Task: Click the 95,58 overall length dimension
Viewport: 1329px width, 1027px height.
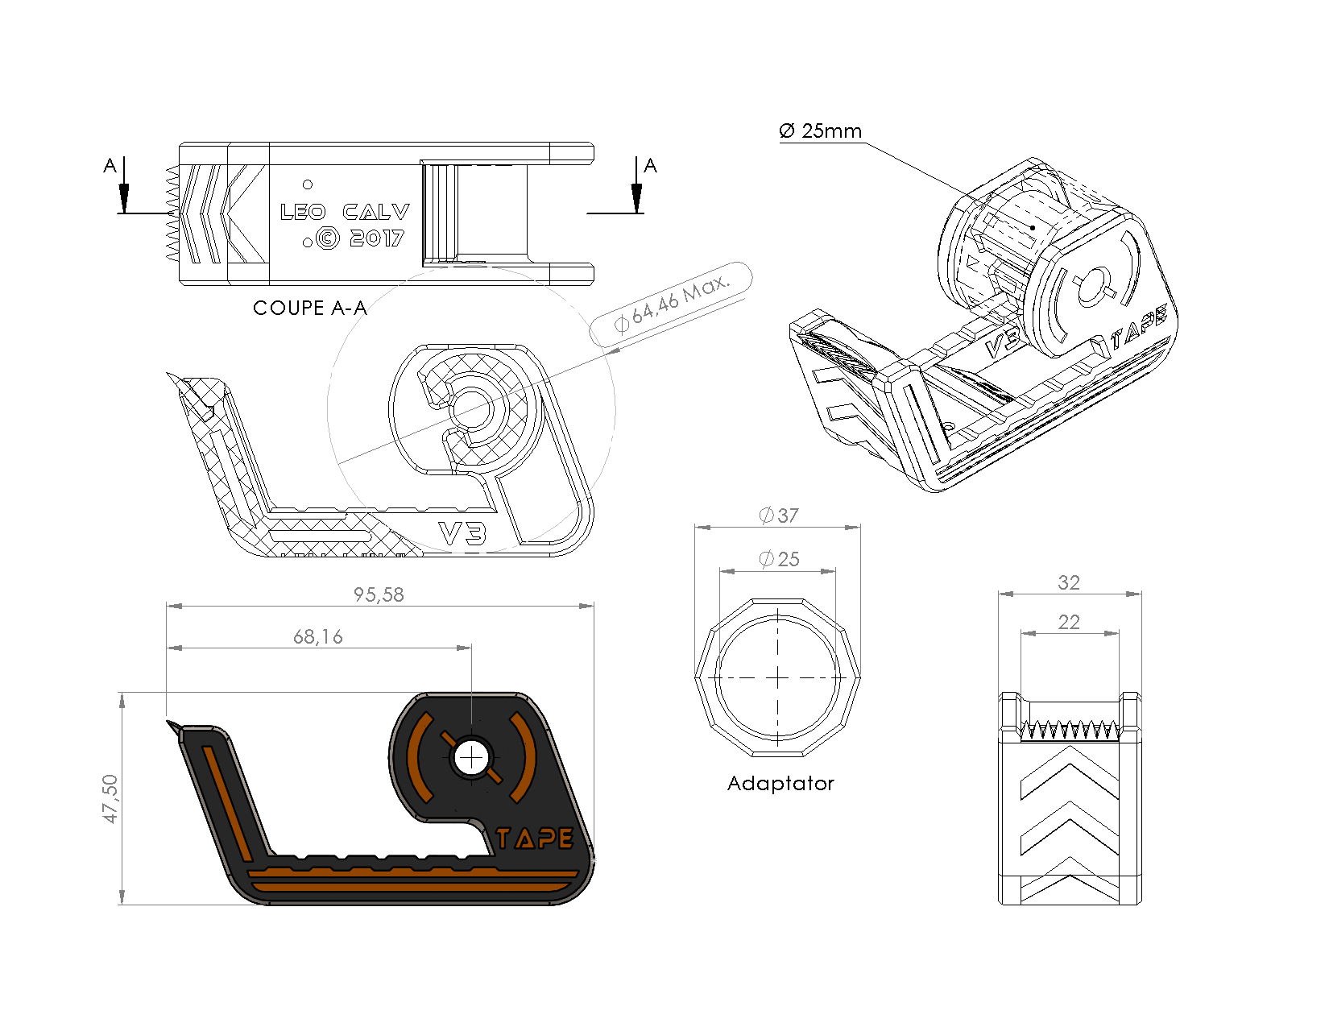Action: click(379, 594)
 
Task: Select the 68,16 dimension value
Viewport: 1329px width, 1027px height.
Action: click(317, 637)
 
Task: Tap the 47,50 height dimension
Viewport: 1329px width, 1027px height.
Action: click(110, 798)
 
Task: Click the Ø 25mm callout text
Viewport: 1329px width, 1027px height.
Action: click(820, 131)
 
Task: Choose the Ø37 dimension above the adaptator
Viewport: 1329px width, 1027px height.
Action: click(778, 516)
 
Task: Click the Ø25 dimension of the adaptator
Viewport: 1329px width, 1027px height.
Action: click(779, 559)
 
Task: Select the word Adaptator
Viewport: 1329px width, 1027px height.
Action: click(780, 783)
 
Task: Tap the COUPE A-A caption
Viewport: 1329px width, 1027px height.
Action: click(309, 308)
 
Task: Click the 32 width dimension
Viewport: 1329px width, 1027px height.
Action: click(1068, 582)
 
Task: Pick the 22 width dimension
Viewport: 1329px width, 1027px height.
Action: click(1068, 622)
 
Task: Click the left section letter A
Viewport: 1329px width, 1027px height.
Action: click(110, 166)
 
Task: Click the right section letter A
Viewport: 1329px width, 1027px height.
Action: click(650, 166)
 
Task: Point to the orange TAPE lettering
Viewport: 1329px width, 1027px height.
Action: click(534, 839)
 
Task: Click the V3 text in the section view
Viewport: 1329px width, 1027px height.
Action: click(462, 532)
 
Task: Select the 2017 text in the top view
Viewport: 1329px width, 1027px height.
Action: click(377, 238)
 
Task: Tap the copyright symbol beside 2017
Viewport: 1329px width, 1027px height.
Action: click(328, 238)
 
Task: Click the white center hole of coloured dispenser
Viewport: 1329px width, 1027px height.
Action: click(470, 757)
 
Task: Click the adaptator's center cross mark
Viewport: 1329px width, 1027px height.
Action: click(777, 678)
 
